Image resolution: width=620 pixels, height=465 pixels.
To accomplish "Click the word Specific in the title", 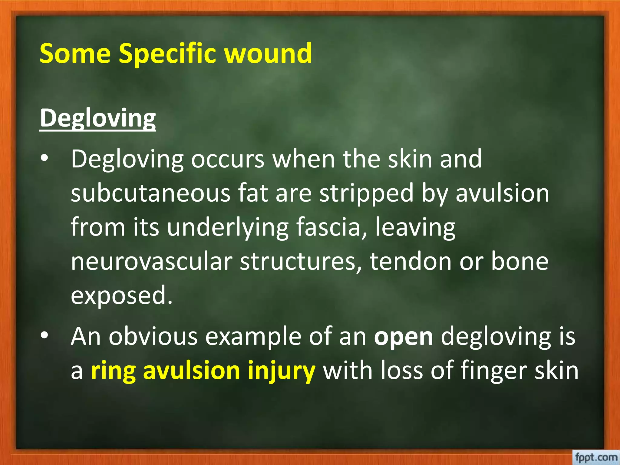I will pos(167,54).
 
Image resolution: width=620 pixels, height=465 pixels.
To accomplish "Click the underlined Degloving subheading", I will pos(98,118).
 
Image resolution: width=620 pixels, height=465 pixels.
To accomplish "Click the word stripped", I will pos(367,194).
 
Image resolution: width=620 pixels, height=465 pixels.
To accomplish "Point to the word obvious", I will pos(153,337).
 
